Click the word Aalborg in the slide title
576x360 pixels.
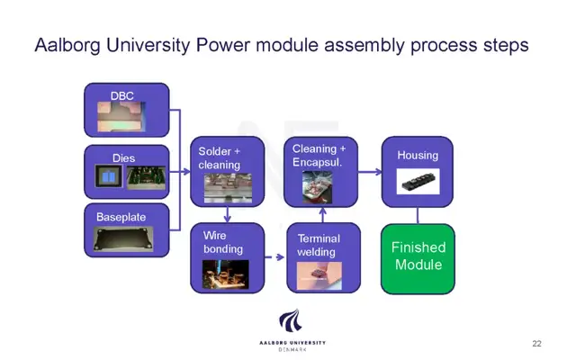pyautogui.click(x=67, y=46)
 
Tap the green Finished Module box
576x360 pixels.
pyautogui.click(x=418, y=259)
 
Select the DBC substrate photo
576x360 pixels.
pyautogui.click(x=121, y=116)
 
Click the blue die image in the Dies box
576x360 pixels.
pyautogui.click(x=108, y=176)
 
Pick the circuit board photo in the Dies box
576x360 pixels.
pyautogui.click(x=146, y=177)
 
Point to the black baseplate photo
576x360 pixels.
pyautogui.click(x=123, y=239)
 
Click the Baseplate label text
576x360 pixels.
pyautogui.click(x=121, y=217)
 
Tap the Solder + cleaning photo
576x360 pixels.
pyautogui.click(x=228, y=188)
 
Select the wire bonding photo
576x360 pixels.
pyautogui.click(x=226, y=274)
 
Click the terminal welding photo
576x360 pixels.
pyautogui.click(x=319, y=275)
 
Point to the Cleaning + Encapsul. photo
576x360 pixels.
pyautogui.click(x=317, y=187)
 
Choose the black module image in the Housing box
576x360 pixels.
pyautogui.click(x=418, y=182)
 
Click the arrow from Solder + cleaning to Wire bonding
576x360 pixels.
pyautogui.click(x=228, y=214)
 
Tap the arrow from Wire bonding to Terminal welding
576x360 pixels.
pyautogui.click(x=274, y=257)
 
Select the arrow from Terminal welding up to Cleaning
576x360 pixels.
pyautogui.click(x=323, y=215)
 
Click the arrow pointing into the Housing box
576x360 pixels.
pyautogui.click(x=370, y=172)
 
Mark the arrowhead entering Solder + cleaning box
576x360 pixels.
pyautogui.click(x=186, y=172)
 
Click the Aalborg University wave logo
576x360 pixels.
pyautogui.click(x=290, y=320)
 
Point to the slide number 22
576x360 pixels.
pyautogui.click(x=536, y=344)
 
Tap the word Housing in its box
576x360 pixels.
pyautogui.click(x=418, y=156)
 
